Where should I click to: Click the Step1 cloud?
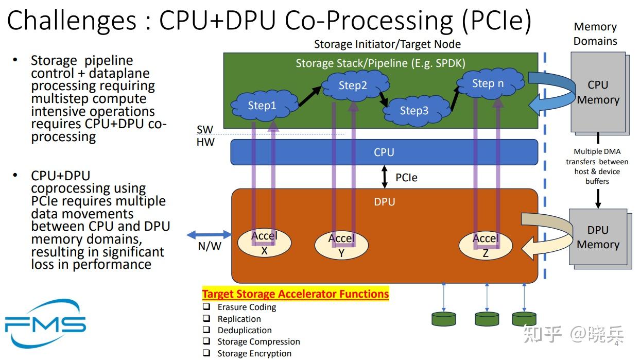click(x=263, y=106)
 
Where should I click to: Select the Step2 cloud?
click(x=353, y=85)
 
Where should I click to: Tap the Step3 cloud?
click(x=414, y=110)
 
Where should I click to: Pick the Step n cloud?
click(x=488, y=83)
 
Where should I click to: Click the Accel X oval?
click(x=264, y=244)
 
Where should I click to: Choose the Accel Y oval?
click(x=341, y=245)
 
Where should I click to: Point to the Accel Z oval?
click(x=486, y=245)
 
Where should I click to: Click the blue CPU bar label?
click(x=384, y=152)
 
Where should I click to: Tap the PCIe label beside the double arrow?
click(x=406, y=178)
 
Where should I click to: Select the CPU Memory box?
click(x=598, y=93)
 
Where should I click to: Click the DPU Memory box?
click(x=598, y=237)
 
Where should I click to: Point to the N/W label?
click(x=210, y=246)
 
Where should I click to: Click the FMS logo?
click(x=45, y=323)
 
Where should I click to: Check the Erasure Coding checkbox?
click(x=206, y=306)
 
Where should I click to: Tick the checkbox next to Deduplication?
click(x=206, y=330)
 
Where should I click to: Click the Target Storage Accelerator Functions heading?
click(x=295, y=294)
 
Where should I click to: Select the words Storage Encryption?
click(x=254, y=353)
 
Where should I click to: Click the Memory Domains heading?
click(x=595, y=34)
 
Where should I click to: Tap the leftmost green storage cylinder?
click(x=443, y=319)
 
